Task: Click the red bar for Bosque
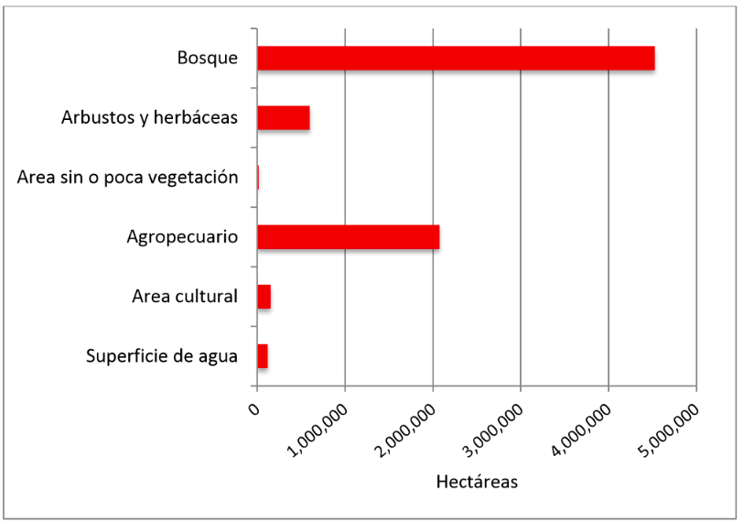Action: (456, 58)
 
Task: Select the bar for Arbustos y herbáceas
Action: (283, 118)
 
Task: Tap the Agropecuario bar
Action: (348, 237)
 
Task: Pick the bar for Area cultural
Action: (264, 297)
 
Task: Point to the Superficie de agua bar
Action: (262, 356)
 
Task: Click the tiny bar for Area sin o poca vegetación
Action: (258, 178)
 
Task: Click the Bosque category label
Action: (208, 58)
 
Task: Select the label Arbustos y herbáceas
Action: (149, 118)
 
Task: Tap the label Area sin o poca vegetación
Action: (127, 178)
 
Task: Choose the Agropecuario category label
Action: (182, 237)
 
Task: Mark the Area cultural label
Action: (185, 297)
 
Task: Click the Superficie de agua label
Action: (161, 356)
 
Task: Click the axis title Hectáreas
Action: (477, 482)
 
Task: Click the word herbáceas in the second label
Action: (198, 118)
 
